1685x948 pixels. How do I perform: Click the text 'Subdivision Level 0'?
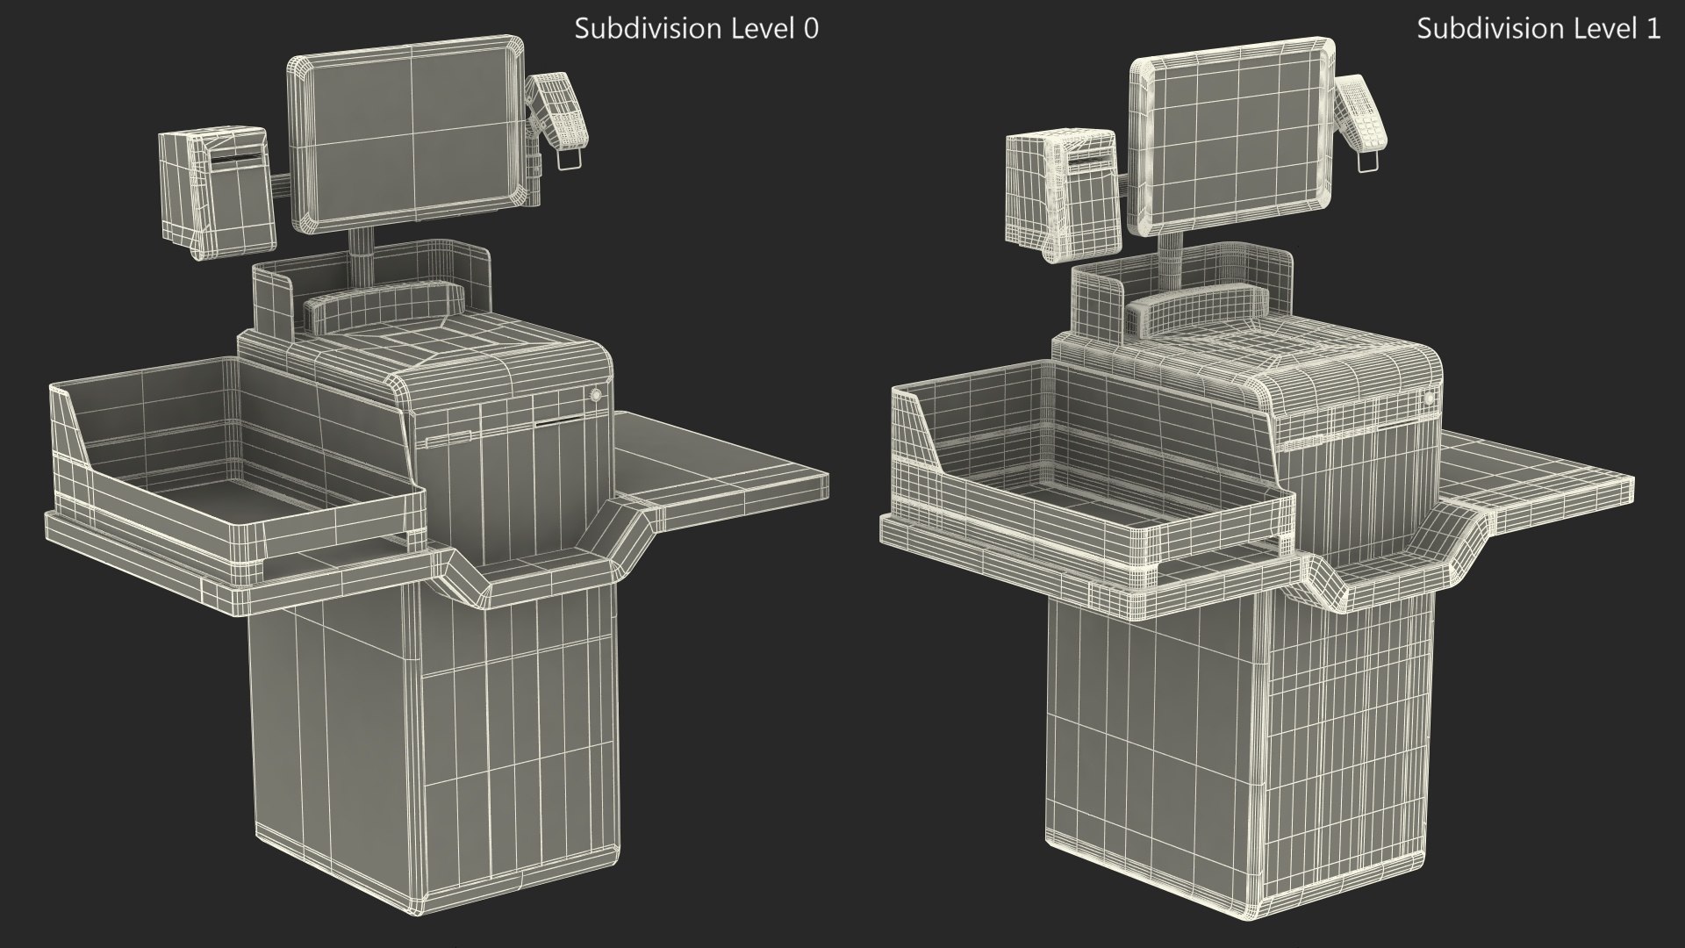tap(696, 28)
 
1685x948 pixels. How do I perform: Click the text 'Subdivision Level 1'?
tap(1538, 28)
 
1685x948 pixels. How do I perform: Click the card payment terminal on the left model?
tap(558, 110)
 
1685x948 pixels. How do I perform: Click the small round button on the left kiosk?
tap(597, 395)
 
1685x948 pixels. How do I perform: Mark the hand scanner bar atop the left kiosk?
tap(382, 303)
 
